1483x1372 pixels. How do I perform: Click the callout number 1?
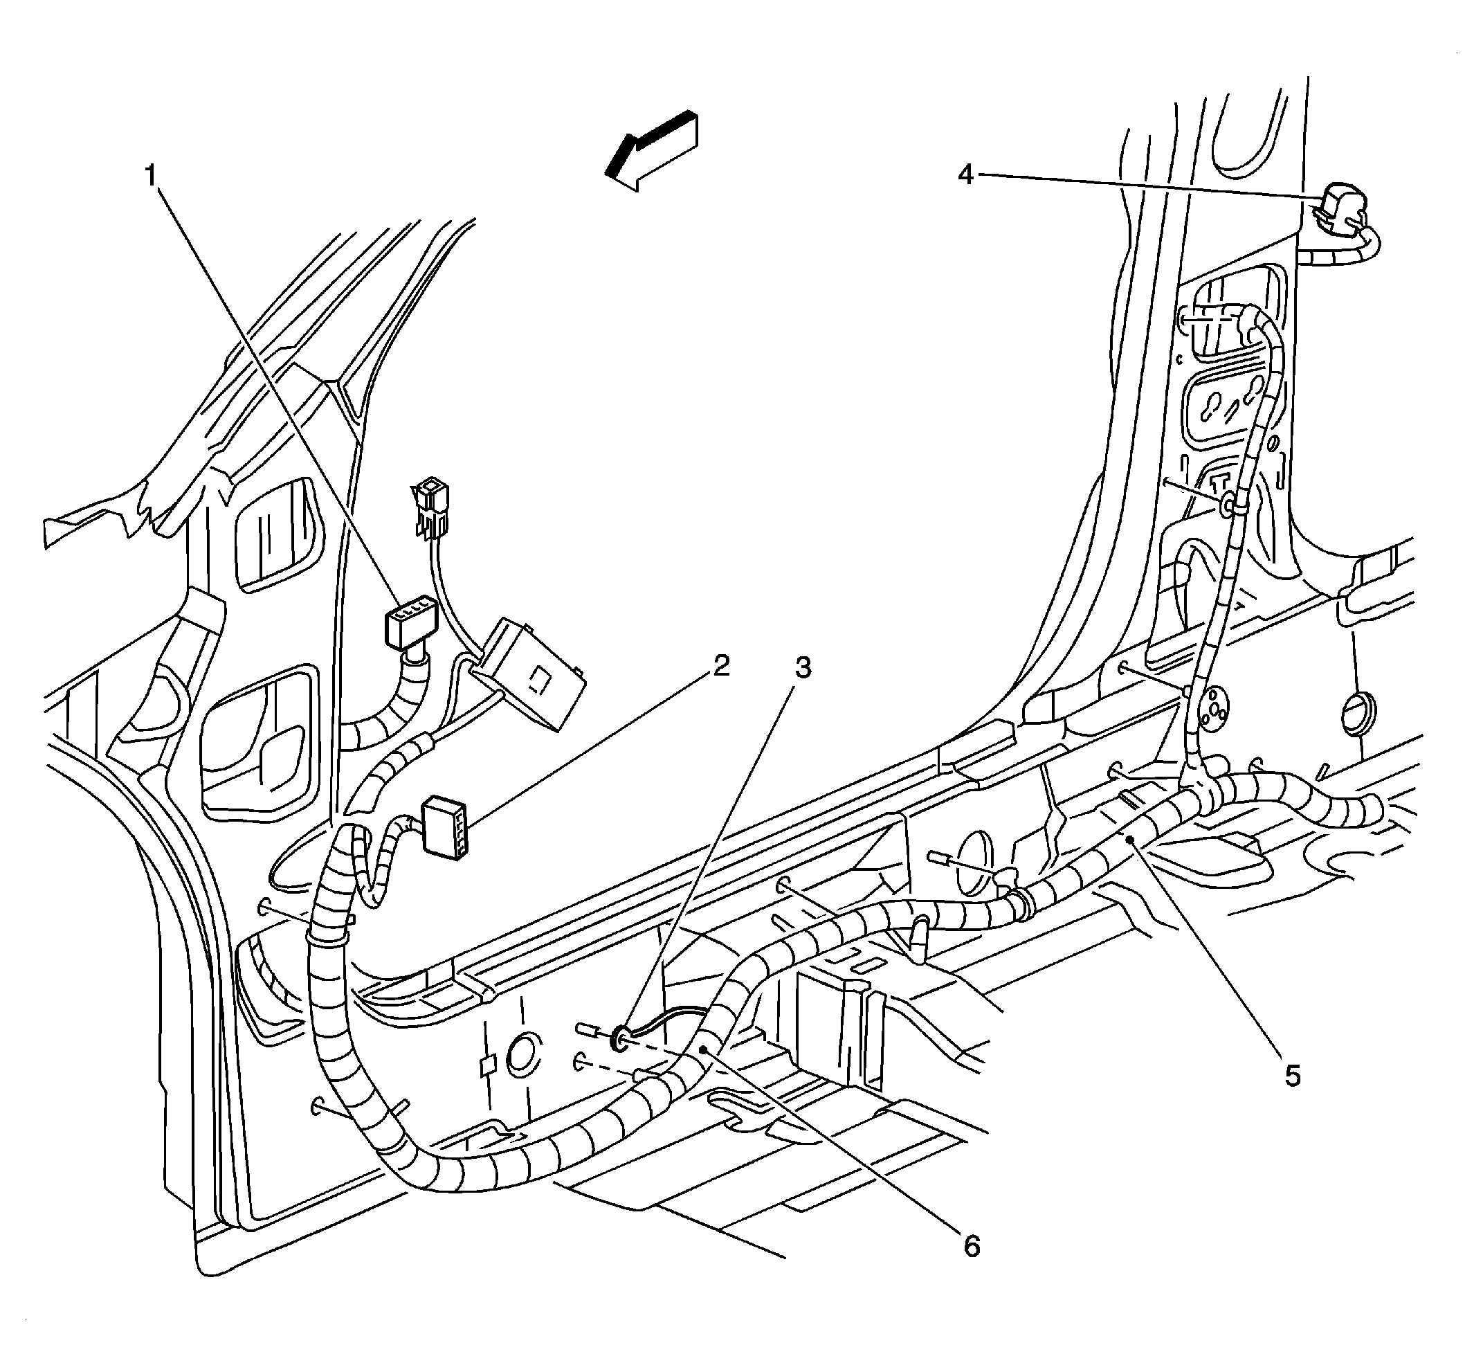tap(151, 177)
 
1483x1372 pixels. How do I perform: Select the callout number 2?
tap(720, 666)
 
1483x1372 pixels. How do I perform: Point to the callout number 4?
tap(965, 175)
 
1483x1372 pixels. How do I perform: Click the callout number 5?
tap(1292, 1076)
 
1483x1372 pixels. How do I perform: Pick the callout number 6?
tap(972, 1247)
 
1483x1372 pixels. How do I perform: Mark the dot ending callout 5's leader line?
tap(1129, 840)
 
